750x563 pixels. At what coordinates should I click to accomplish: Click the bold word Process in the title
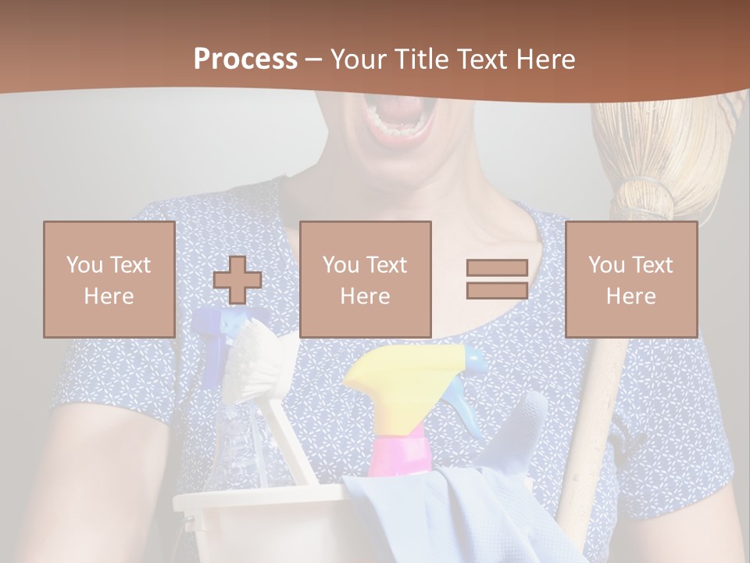(245, 59)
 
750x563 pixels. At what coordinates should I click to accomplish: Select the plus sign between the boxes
(237, 280)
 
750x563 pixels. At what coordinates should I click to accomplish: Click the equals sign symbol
(497, 279)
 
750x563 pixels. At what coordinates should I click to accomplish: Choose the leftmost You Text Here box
(109, 279)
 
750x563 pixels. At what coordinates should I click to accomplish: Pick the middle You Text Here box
(365, 279)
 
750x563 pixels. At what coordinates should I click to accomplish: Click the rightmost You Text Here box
(630, 279)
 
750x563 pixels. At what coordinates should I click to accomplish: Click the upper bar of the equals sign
(497, 267)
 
